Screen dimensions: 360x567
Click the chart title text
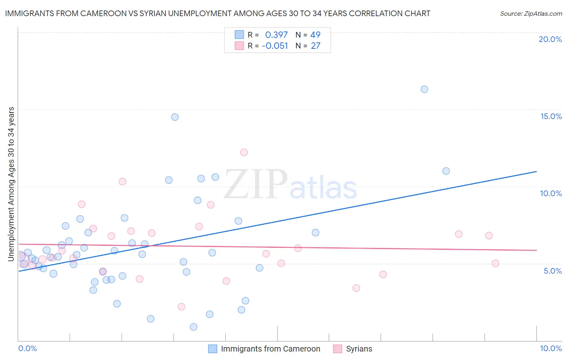point(217,13)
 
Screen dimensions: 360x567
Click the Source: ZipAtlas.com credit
point(531,14)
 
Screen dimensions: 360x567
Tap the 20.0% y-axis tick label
point(550,39)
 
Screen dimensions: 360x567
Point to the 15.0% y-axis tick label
point(551,116)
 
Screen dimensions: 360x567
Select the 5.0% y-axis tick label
point(552,271)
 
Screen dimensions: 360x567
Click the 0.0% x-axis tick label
point(27,348)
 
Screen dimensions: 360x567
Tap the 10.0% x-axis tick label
point(550,348)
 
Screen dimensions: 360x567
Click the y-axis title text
point(11,184)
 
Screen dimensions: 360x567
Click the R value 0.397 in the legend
point(276,35)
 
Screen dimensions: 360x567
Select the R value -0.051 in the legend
point(275,46)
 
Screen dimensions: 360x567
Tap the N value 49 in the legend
point(315,35)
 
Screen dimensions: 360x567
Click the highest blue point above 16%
point(424,89)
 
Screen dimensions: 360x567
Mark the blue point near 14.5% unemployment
point(175,117)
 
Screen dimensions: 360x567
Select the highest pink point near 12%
point(244,152)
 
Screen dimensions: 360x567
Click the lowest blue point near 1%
point(194,327)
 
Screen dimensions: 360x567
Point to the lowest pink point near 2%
point(181,307)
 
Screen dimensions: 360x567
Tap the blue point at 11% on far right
point(446,171)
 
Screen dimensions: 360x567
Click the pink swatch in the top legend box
point(239,46)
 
